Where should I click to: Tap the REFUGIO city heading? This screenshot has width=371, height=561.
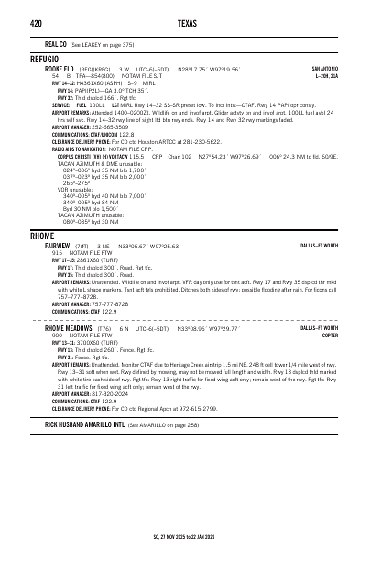tap(45, 58)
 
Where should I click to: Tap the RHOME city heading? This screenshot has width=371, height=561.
tap(42, 236)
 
